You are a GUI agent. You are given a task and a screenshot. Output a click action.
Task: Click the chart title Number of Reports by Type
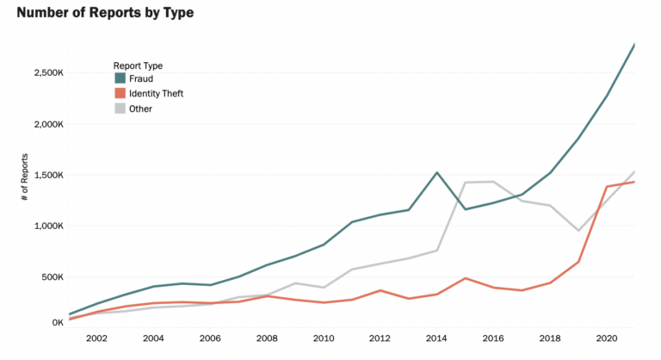(x=105, y=13)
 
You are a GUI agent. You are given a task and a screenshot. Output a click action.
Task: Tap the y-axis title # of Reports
(x=27, y=182)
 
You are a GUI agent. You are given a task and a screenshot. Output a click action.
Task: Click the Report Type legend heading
(x=138, y=65)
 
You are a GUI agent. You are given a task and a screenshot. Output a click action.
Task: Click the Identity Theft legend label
(x=156, y=94)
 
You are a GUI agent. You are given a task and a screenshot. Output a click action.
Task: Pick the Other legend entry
(x=140, y=109)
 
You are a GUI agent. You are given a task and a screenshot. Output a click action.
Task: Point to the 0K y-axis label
(x=56, y=323)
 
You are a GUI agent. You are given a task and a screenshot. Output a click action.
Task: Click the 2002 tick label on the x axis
(x=96, y=339)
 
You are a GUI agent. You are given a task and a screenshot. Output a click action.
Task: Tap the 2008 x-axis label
(x=266, y=339)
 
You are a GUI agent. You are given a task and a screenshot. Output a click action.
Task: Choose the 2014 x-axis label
(x=436, y=339)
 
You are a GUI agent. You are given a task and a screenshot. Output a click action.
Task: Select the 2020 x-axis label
(x=606, y=339)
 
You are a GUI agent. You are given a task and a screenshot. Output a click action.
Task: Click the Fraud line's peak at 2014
(x=437, y=172)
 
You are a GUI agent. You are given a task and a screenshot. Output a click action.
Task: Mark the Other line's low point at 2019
(x=578, y=230)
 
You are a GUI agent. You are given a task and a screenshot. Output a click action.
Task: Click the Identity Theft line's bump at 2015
(x=465, y=278)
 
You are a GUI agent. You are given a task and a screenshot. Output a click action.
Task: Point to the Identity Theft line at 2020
(x=607, y=187)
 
